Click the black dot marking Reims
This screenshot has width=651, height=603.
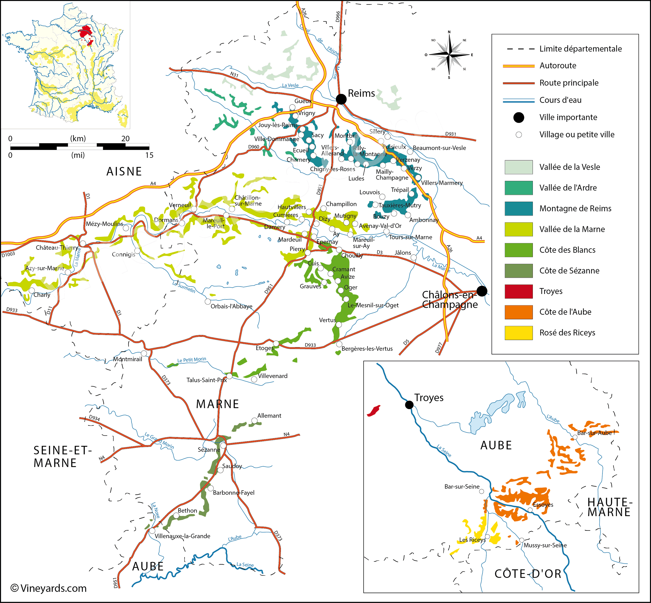coord(341,99)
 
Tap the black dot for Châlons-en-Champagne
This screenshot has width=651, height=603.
coord(482,291)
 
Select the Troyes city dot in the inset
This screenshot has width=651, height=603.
coord(409,405)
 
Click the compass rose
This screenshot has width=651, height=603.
coord(449,55)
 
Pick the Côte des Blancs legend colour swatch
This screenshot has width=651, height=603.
coord(519,250)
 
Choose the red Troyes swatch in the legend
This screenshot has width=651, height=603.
coord(519,291)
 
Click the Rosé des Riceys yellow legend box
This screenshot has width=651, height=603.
coord(519,333)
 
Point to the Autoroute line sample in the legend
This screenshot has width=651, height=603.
coord(519,66)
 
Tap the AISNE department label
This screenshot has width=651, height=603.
coord(124,172)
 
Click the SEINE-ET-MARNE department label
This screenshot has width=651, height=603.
coord(62,457)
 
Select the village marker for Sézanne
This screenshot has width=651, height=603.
coord(223,445)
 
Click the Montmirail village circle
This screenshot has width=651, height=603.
coord(144,353)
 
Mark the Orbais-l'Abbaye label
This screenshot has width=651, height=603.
coord(231,306)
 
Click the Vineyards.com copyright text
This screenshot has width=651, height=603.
coord(49,588)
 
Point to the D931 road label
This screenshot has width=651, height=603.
coord(450,134)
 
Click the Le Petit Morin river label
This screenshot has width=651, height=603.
coord(192,360)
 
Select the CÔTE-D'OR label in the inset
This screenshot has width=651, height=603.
coord(528,574)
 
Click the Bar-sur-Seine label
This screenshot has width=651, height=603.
coord(462,487)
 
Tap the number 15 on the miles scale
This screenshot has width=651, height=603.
coord(149,155)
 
